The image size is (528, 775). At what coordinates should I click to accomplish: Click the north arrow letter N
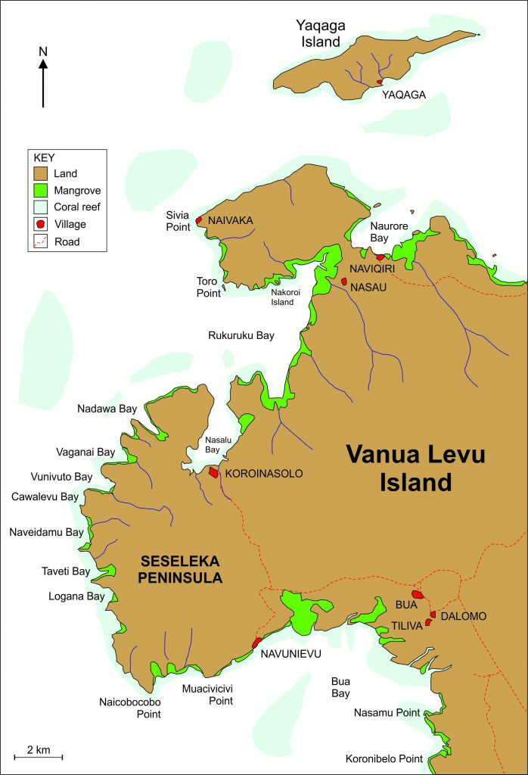(x=43, y=51)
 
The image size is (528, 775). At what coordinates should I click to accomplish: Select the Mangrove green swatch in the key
(x=42, y=190)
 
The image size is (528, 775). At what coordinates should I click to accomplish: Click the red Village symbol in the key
(x=42, y=224)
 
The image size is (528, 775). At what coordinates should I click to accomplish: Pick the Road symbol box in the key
(x=42, y=242)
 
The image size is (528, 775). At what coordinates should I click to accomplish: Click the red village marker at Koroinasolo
(x=214, y=472)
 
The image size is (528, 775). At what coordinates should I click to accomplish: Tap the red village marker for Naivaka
(x=199, y=220)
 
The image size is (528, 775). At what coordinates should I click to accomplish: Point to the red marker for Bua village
(x=416, y=596)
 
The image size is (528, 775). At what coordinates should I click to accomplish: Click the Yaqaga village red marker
(x=379, y=82)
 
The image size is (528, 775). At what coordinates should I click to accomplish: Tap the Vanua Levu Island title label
(x=415, y=468)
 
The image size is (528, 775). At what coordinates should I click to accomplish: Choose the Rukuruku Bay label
(x=241, y=335)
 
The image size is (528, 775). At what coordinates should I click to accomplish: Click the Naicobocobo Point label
(x=129, y=707)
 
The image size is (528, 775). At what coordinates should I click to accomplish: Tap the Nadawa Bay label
(x=107, y=409)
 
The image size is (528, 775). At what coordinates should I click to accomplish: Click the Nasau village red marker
(x=343, y=282)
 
